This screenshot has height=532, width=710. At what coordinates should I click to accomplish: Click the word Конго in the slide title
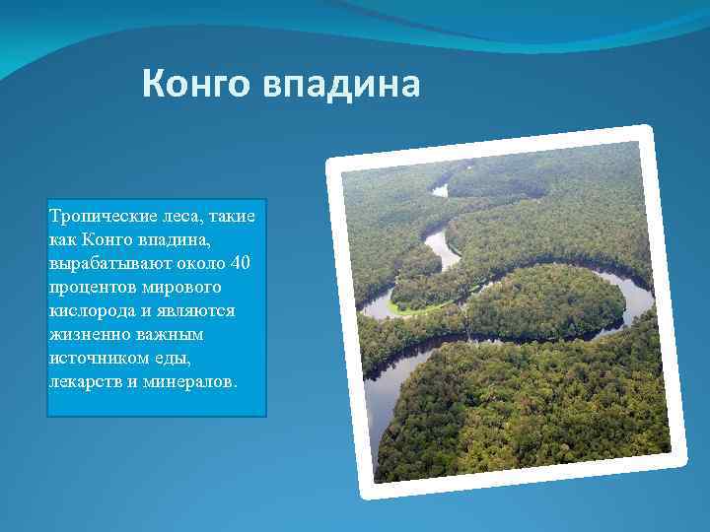196,85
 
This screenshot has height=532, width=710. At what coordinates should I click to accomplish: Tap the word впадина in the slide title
341,85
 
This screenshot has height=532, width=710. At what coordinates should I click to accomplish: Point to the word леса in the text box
174,215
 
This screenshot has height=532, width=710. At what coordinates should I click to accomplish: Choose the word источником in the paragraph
95,358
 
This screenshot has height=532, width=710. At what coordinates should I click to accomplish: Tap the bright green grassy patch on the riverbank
404,306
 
